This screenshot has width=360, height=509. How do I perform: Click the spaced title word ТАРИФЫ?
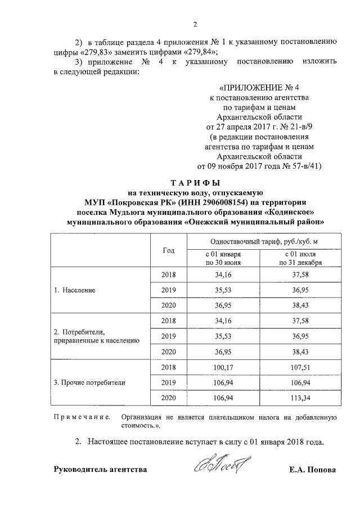coord(195,183)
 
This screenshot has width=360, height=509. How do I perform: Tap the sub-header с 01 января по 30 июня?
coord(223,258)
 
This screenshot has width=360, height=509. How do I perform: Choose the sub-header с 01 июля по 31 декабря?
coord(300,258)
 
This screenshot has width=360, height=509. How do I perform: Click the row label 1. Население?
coord(74,291)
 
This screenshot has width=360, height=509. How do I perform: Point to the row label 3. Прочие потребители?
coord(89,382)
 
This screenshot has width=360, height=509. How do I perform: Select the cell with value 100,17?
coord(223,367)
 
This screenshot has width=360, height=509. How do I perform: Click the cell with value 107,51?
coord(300,367)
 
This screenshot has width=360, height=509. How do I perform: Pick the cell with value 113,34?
coord(300,398)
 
